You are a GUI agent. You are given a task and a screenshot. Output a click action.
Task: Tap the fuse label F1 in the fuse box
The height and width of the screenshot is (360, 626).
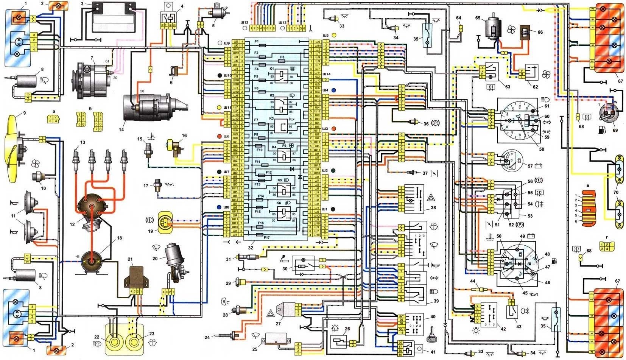pos(256,41)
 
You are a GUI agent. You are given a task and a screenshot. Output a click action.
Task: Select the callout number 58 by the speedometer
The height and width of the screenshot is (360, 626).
pos(542,149)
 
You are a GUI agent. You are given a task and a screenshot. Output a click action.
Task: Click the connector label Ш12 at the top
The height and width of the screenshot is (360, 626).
pos(244,23)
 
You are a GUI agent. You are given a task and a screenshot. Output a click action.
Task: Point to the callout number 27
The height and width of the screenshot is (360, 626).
pos(279,323)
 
